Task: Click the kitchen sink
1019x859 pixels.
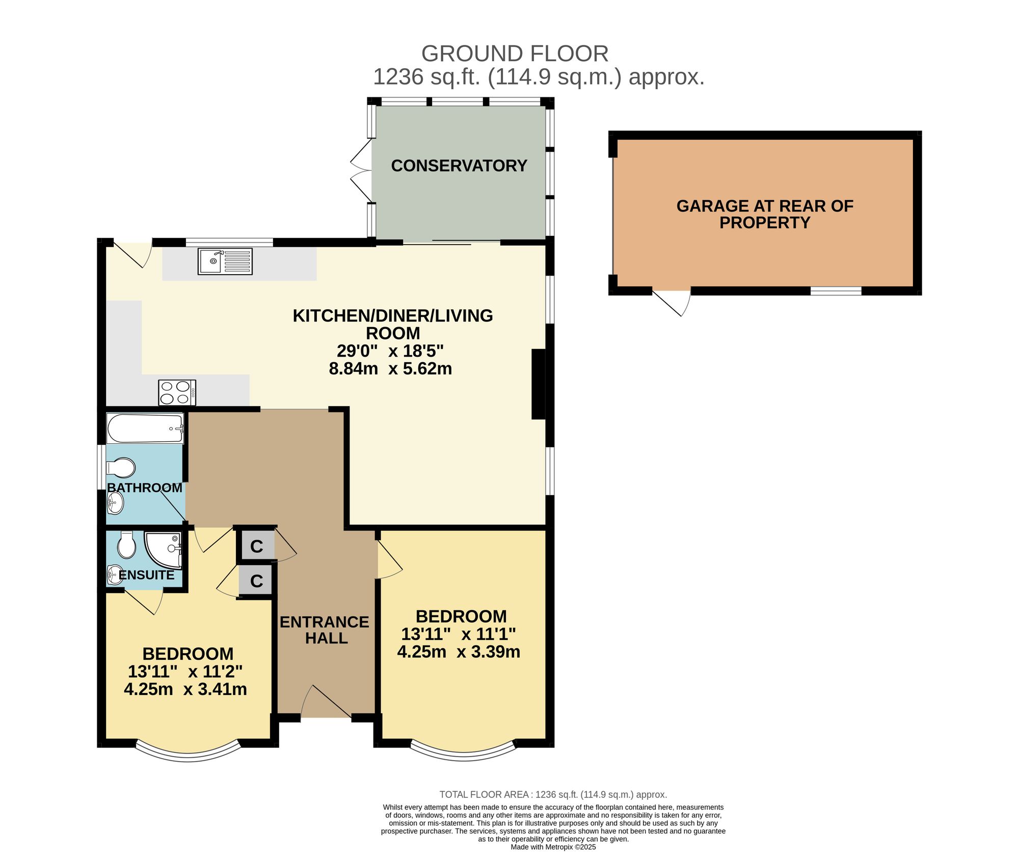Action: (x=225, y=261)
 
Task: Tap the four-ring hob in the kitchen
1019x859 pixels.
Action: (x=177, y=392)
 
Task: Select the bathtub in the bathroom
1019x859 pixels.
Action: (x=145, y=428)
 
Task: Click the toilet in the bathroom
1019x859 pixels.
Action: (x=121, y=467)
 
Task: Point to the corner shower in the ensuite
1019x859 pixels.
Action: (x=163, y=550)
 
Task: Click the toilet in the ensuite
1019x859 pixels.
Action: (x=126, y=545)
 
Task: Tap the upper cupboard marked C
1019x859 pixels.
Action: (x=257, y=546)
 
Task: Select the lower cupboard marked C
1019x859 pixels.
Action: (x=257, y=580)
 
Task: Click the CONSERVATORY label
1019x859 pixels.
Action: (x=459, y=166)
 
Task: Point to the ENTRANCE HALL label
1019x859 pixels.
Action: (x=325, y=630)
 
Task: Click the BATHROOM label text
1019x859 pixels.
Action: (x=145, y=488)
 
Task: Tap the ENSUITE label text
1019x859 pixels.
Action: (x=147, y=575)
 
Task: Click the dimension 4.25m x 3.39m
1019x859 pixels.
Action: (x=459, y=652)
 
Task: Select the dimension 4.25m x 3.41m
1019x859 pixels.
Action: (x=185, y=689)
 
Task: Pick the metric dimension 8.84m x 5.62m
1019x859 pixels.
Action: (x=390, y=368)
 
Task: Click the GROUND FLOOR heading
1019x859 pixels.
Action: (x=515, y=53)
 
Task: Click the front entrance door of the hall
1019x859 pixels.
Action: (x=326, y=702)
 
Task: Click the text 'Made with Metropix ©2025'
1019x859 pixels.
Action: (x=553, y=847)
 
